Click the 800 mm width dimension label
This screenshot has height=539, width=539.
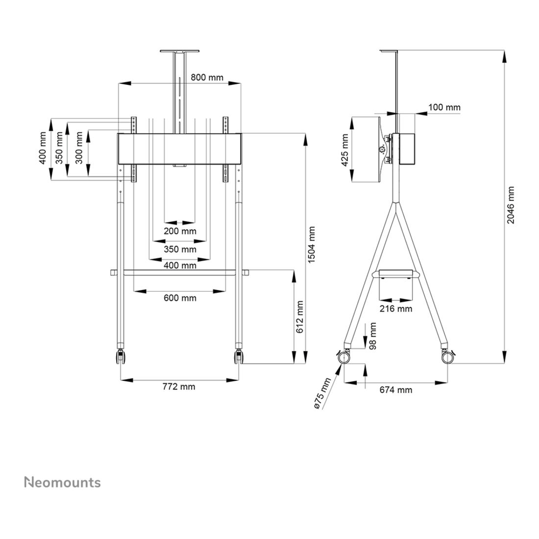click(207, 77)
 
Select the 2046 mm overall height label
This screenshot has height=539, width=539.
click(511, 205)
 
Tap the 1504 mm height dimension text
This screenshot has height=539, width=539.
click(312, 245)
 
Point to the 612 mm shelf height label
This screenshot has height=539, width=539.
click(300, 317)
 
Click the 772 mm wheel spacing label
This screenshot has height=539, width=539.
click(179, 387)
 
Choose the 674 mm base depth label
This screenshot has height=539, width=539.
click(395, 390)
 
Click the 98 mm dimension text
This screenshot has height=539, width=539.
click(372, 336)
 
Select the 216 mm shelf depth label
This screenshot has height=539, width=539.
click(395, 309)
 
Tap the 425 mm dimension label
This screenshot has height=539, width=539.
click(345, 150)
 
